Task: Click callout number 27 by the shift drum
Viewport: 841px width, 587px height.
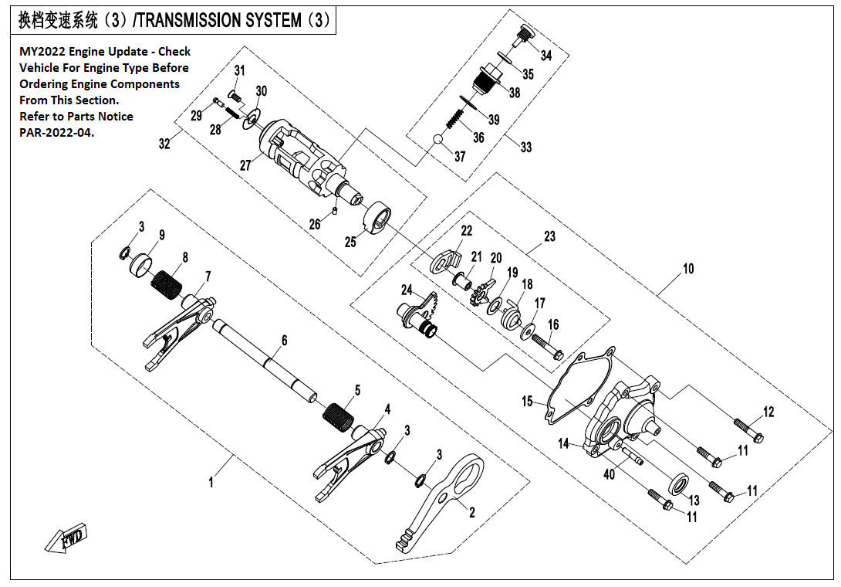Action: pyautogui.click(x=245, y=165)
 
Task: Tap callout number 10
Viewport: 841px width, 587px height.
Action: pyautogui.click(x=687, y=269)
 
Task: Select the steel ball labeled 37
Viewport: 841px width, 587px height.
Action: pyautogui.click(x=438, y=140)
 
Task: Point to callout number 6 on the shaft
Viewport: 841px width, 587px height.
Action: pyautogui.click(x=284, y=340)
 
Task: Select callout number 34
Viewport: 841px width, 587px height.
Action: pyautogui.click(x=546, y=56)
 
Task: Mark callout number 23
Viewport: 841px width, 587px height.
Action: pyautogui.click(x=549, y=237)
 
